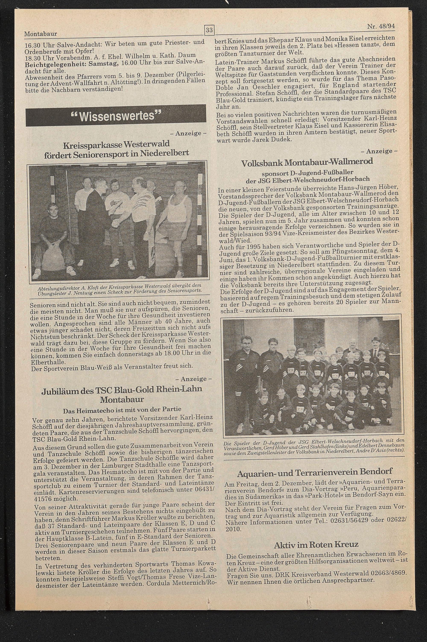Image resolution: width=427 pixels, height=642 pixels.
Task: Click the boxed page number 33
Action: tap(209, 30)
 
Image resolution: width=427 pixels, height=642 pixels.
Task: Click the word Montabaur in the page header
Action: tap(41, 34)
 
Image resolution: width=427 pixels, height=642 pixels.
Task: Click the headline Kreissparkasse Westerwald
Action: tap(116, 144)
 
